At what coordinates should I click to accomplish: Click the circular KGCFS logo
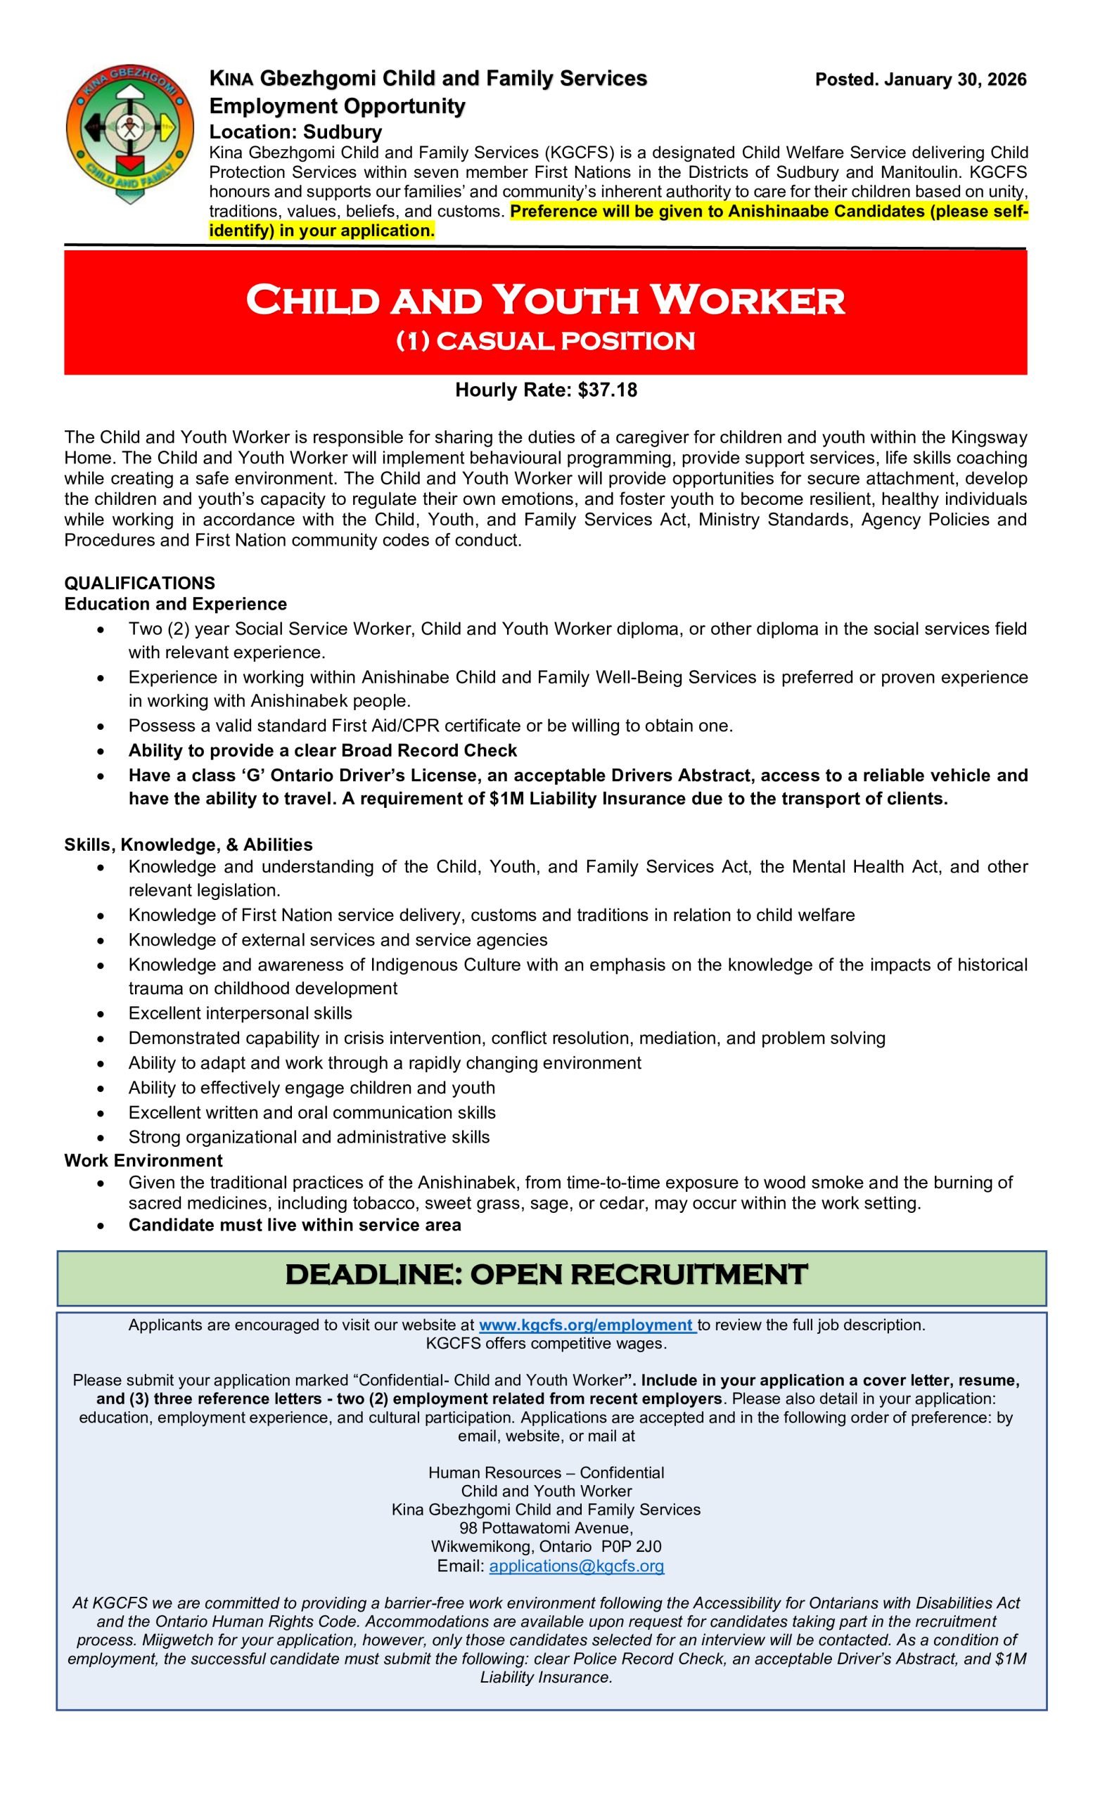[x=129, y=132]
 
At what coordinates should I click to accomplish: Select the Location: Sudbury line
[x=295, y=132]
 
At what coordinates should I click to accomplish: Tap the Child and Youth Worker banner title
[x=545, y=300]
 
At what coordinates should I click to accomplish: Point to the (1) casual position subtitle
[x=545, y=341]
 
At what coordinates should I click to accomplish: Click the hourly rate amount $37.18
[x=607, y=390]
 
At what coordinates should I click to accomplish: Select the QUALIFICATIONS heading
[x=139, y=583]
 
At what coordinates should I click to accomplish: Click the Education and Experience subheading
[x=175, y=604]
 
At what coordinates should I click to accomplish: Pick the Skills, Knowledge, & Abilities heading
[x=188, y=844]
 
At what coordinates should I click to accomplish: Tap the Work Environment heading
[x=143, y=1160]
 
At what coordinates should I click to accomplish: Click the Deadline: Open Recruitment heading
[x=546, y=1274]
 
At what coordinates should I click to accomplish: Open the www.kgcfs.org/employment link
[x=586, y=1325]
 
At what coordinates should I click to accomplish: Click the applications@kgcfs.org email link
[x=577, y=1565]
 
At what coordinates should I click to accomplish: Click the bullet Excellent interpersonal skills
[x=241, y=1013]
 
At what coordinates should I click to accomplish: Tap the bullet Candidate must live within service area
[x=295, y=1225]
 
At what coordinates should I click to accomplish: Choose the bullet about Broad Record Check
[x=322, y=750]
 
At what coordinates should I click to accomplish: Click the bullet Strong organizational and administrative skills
[x=309, y=1137]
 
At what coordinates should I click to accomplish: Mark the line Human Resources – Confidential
[x=546, y=1472]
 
